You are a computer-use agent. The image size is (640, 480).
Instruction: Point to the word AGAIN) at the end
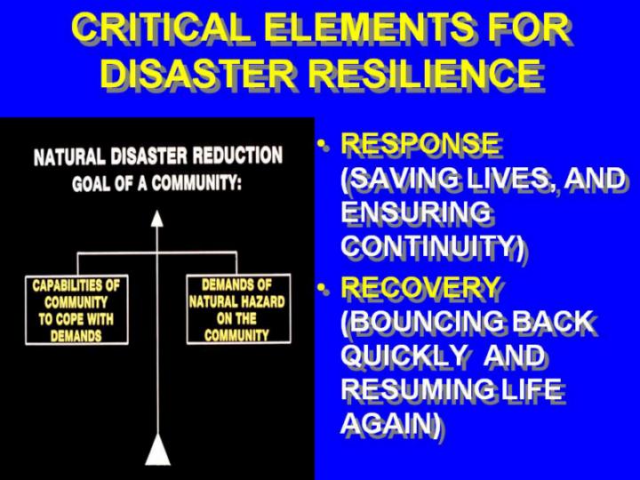coord(388,423)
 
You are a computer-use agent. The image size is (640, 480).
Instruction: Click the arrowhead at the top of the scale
coord(157,218)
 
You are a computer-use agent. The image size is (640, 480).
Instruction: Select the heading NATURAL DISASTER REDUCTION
coord(158,156)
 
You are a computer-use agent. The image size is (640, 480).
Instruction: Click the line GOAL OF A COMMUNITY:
coord(157,183)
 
